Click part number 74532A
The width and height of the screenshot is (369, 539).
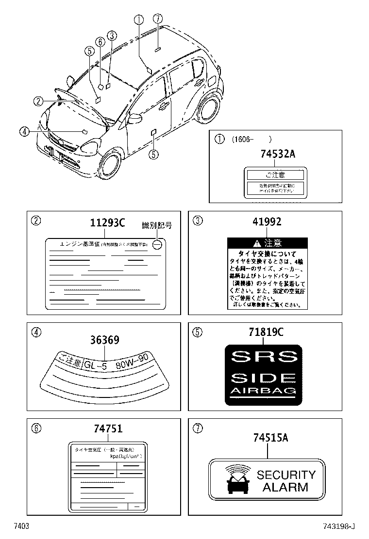[274, 155]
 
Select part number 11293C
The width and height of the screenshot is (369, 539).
[108, 223]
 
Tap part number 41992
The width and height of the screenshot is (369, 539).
[267, 222]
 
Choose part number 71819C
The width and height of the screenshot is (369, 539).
[267, 333]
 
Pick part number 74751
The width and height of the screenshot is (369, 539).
[108, 428]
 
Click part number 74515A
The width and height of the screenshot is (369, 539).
[270, 438]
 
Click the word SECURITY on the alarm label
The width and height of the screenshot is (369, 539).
[286, 475]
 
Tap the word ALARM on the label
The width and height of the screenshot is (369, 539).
[285, 487]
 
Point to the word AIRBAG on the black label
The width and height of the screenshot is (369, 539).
[264, 391]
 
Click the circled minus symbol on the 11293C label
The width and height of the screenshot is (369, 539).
[156, 245]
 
